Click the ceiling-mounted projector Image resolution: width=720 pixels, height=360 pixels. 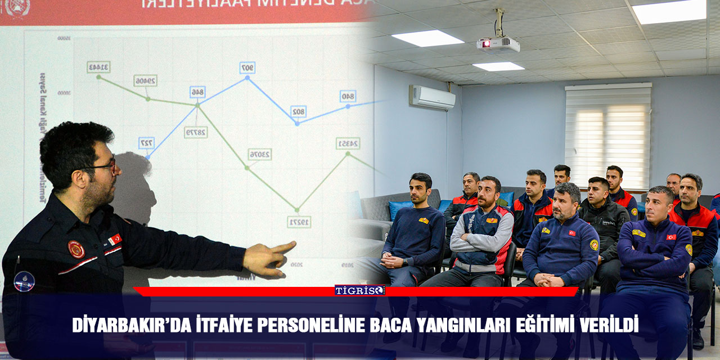pos(498,44)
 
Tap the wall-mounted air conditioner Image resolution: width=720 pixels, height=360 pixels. pos(432,97)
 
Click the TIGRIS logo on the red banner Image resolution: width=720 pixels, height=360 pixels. pos(360,290)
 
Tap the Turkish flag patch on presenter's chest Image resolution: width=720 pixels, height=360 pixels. pos(115,239)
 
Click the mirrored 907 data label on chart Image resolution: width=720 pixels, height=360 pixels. pos(247,67)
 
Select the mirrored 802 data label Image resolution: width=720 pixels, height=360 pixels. pos(298,111)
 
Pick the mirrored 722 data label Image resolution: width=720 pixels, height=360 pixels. pos(146,143)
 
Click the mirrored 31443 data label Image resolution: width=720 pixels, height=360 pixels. pos(98,67)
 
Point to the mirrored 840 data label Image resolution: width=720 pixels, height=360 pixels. pos(348,96)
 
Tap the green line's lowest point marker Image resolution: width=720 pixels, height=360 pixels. pos(298,210)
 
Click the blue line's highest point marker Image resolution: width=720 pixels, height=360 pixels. pos(247,78)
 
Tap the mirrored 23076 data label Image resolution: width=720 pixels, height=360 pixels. pos(260,154)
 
